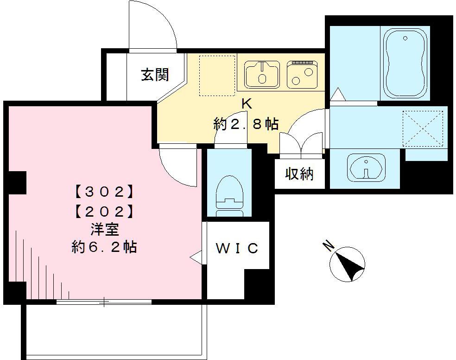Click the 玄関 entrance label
pyautogui.click(x=155, y=74)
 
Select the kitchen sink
pyautogui.click(x=262, y=74)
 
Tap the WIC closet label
pyautogui.click(x=237, y=248)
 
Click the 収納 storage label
pyautogui.click(x=299, y=174)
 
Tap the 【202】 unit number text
pyautogui.click(x=104, y=212)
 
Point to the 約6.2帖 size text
pyautogui.click(x=104, y=247)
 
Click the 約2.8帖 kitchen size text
pyautogui.click(x=246, y=124)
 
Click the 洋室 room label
pyautogui.click(x=104, y=229)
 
